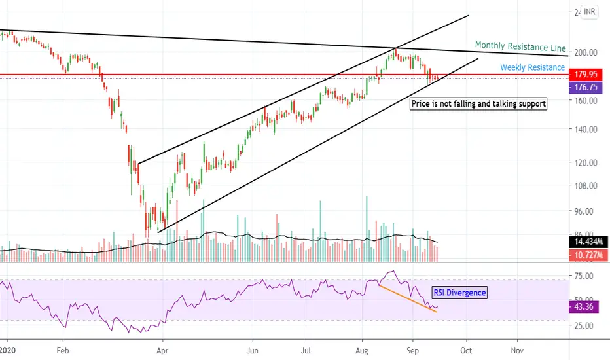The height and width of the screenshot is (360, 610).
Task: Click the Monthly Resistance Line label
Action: coord(520,46)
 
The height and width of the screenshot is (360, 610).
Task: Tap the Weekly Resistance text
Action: coord(533,67)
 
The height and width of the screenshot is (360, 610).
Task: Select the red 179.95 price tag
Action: coord(588,75)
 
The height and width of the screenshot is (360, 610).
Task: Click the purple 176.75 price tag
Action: coord(588,86)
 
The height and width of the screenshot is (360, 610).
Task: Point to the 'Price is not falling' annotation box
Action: coord(478,103)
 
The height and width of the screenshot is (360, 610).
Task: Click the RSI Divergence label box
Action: coord(459,293)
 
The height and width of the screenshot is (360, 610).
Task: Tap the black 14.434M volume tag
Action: coord(588,242)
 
